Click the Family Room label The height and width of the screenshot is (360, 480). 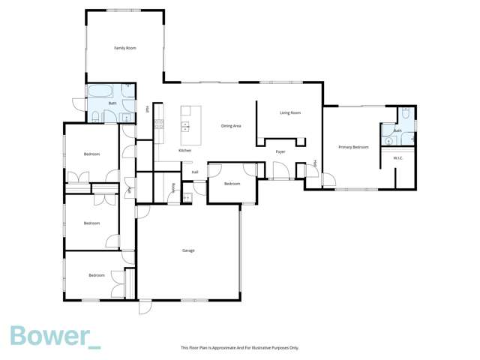[124, 48]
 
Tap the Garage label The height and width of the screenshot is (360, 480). [188, 250]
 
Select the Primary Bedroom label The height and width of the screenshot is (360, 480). [353, 147]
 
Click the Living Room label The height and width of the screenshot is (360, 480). [290, 112]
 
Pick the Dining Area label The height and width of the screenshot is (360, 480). [230, 126]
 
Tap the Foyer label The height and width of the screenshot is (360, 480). [280, 152]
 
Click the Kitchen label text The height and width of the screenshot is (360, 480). [184, 151]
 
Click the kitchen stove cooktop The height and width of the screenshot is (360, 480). [159, 124]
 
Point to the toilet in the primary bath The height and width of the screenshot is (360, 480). [405, 113]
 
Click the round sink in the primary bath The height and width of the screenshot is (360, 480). [388, 139]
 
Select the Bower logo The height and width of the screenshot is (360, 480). [54, 337]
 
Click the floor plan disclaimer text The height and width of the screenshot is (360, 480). [240, 347]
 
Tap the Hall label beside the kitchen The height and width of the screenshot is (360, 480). [195, 172]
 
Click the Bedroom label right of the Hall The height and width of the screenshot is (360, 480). [232, 184]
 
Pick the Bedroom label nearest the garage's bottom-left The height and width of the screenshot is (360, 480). [97, 275]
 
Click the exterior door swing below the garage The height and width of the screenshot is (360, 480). [144, 307]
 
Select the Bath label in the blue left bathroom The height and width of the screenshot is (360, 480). [112, 103]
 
